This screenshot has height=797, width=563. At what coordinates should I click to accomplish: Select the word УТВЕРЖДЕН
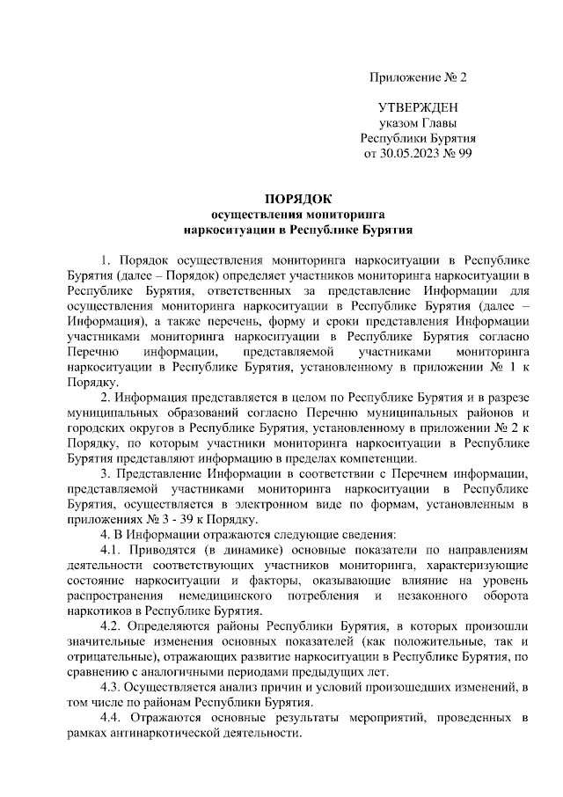pos(418,107)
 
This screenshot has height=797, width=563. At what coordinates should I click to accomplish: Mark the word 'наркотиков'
pos(99,612)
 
